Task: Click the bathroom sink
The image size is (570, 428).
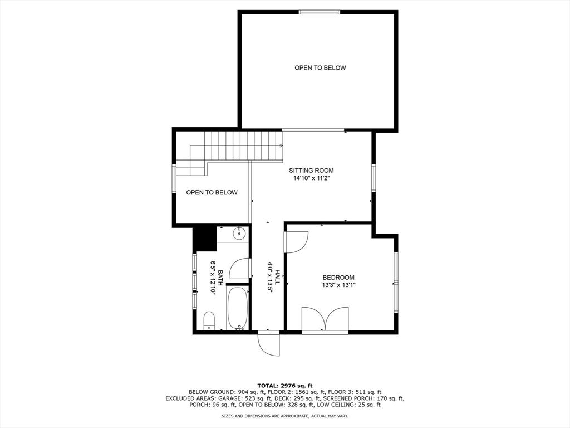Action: click(239, 234)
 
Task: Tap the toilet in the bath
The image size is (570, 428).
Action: click(209, 320)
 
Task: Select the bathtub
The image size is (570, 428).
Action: click(237, 308)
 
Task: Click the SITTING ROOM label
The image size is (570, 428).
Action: click(311, 171)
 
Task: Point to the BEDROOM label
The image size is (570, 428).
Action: click(338, 278)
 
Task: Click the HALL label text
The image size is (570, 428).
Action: click(278, 278)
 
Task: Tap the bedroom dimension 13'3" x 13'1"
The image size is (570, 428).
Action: click(338, 285)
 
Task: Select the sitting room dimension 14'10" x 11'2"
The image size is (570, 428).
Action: click(311, 178)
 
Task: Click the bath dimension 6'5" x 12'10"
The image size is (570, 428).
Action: click(213, 278)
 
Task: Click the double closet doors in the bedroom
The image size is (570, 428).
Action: click(325, 319)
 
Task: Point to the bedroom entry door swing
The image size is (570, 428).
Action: click(297, 241)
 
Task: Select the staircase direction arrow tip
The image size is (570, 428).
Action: click(282, 146)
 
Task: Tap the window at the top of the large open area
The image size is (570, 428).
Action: click(320, 12)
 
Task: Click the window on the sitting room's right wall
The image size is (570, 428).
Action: click(374, 177)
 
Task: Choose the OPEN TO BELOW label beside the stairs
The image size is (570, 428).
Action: click(212, 192)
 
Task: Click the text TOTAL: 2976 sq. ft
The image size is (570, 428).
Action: click(285, 386)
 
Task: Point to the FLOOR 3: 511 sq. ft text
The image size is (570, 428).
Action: click(355, 392)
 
